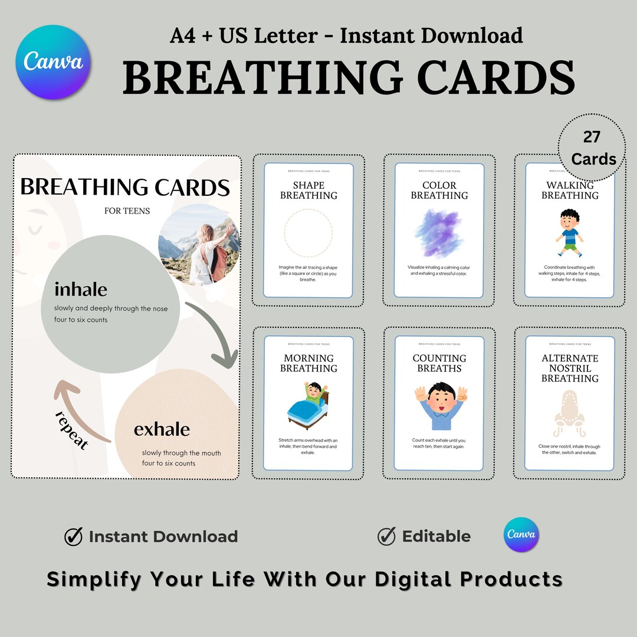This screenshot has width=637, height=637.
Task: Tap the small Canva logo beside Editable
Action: pos(521,535)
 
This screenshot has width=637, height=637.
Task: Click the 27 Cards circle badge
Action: pos(592,148)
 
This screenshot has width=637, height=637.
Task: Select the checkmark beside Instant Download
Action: pos(74,536)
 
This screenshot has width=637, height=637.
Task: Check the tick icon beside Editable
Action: pos(386,536)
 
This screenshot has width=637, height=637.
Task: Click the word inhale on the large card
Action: pos(81,290)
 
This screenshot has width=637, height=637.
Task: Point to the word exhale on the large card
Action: pos(162,429)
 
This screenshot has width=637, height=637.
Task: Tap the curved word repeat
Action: pos(71,431)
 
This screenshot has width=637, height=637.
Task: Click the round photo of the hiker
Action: pos(199,244)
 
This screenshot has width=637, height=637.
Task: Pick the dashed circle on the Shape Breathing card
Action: pos(308,235)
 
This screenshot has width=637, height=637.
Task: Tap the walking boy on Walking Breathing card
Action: pos(570,232)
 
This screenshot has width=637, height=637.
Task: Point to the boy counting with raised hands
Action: pos(439,406)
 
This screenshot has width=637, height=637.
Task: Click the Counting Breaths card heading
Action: pos(439,363)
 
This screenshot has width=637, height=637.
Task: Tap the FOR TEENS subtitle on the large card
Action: pos(127,211)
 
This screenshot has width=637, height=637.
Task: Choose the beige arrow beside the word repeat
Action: pos(77,407)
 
